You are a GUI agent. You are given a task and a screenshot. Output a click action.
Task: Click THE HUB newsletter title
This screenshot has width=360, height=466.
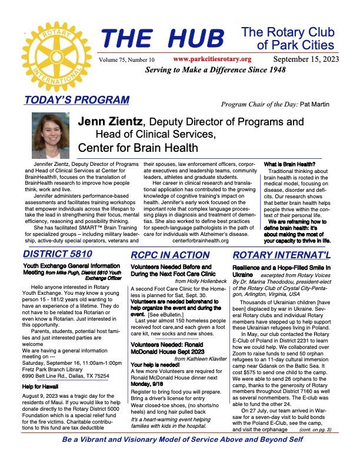163,39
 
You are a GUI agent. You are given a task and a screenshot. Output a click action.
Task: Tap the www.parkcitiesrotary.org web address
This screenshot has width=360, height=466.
212,59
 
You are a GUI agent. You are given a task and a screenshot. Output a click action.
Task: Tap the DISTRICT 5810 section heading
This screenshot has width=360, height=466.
58,255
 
